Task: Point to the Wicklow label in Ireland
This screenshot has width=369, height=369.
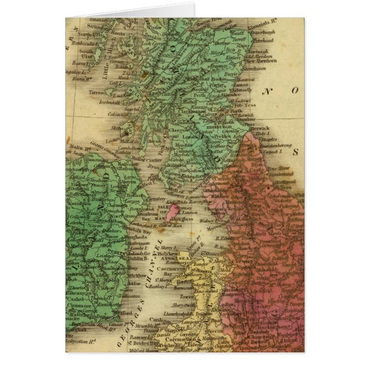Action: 136,268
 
